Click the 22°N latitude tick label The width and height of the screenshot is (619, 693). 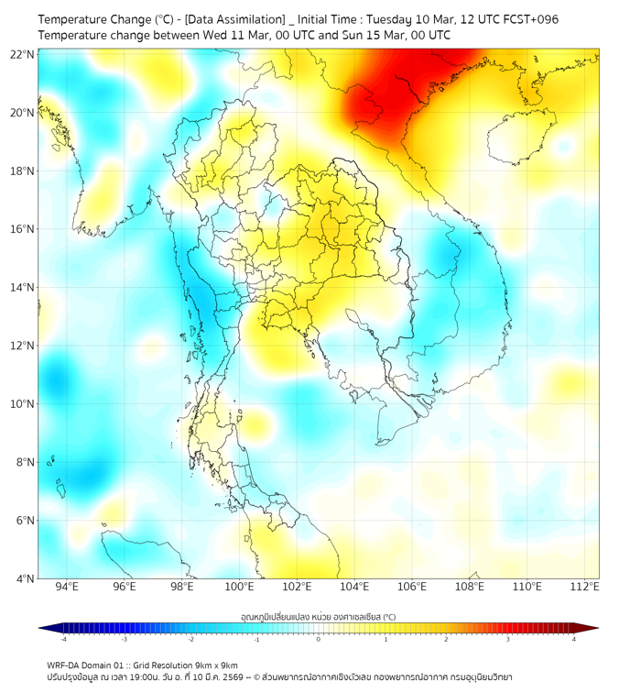click(x=23, y=54)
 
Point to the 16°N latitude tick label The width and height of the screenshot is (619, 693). click(x=23, y=229)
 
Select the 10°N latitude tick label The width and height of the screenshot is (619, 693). click(x=23, y=403)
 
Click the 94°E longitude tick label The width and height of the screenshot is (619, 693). click(x=67, y=587)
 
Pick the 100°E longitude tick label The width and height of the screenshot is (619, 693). click(x=239, y=587)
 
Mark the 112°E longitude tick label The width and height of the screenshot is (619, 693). click(x=584, y=587)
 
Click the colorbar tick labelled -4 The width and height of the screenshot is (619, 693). click(x=63, y=639)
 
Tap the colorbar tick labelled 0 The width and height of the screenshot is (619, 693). click(x=319, y=639)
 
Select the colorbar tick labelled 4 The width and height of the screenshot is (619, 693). click(x=573, y=639)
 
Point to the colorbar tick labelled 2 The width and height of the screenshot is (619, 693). click(x=446, y=639)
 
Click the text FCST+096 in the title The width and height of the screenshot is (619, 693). click(x=527, y=19)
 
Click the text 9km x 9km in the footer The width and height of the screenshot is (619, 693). click(x=212, y=665)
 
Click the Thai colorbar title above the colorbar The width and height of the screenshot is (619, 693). click(x=318, y=617)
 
